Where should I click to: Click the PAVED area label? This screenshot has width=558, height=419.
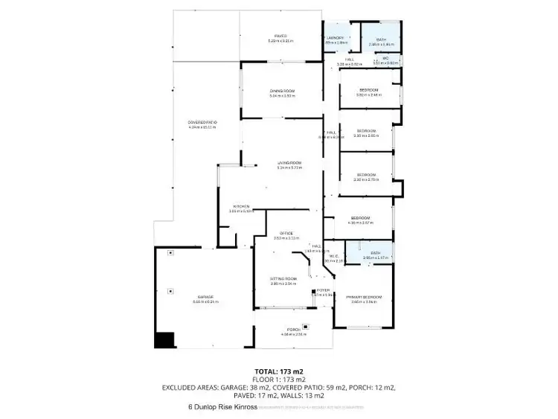click(280, 36)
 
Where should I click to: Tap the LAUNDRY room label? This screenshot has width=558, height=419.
click(336, 39)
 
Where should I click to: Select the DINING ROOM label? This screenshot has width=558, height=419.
click(282, 92)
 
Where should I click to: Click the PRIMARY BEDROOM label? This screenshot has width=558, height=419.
click(364, 297)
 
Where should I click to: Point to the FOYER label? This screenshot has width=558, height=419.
click(323, 290)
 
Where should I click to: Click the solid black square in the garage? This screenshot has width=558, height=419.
click(163, 339)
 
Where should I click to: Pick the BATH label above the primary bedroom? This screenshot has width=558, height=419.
click(376, 254)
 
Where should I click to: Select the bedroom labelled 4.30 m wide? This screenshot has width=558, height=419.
click(361, 218)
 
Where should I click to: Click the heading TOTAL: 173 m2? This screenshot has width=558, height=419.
click(279, 371)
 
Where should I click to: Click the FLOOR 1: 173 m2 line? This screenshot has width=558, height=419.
click(279, 379)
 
